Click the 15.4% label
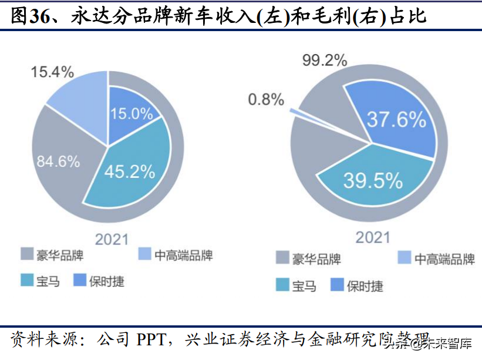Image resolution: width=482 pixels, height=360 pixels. [x=52, y=72]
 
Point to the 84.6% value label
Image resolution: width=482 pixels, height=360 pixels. [x=58, y=161]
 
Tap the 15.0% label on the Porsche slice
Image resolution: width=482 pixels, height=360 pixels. [x=132, y=113]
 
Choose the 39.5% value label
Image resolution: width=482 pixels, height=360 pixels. [x=373, y=181]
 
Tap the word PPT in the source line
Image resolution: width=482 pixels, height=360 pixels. [x=153, y=340]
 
